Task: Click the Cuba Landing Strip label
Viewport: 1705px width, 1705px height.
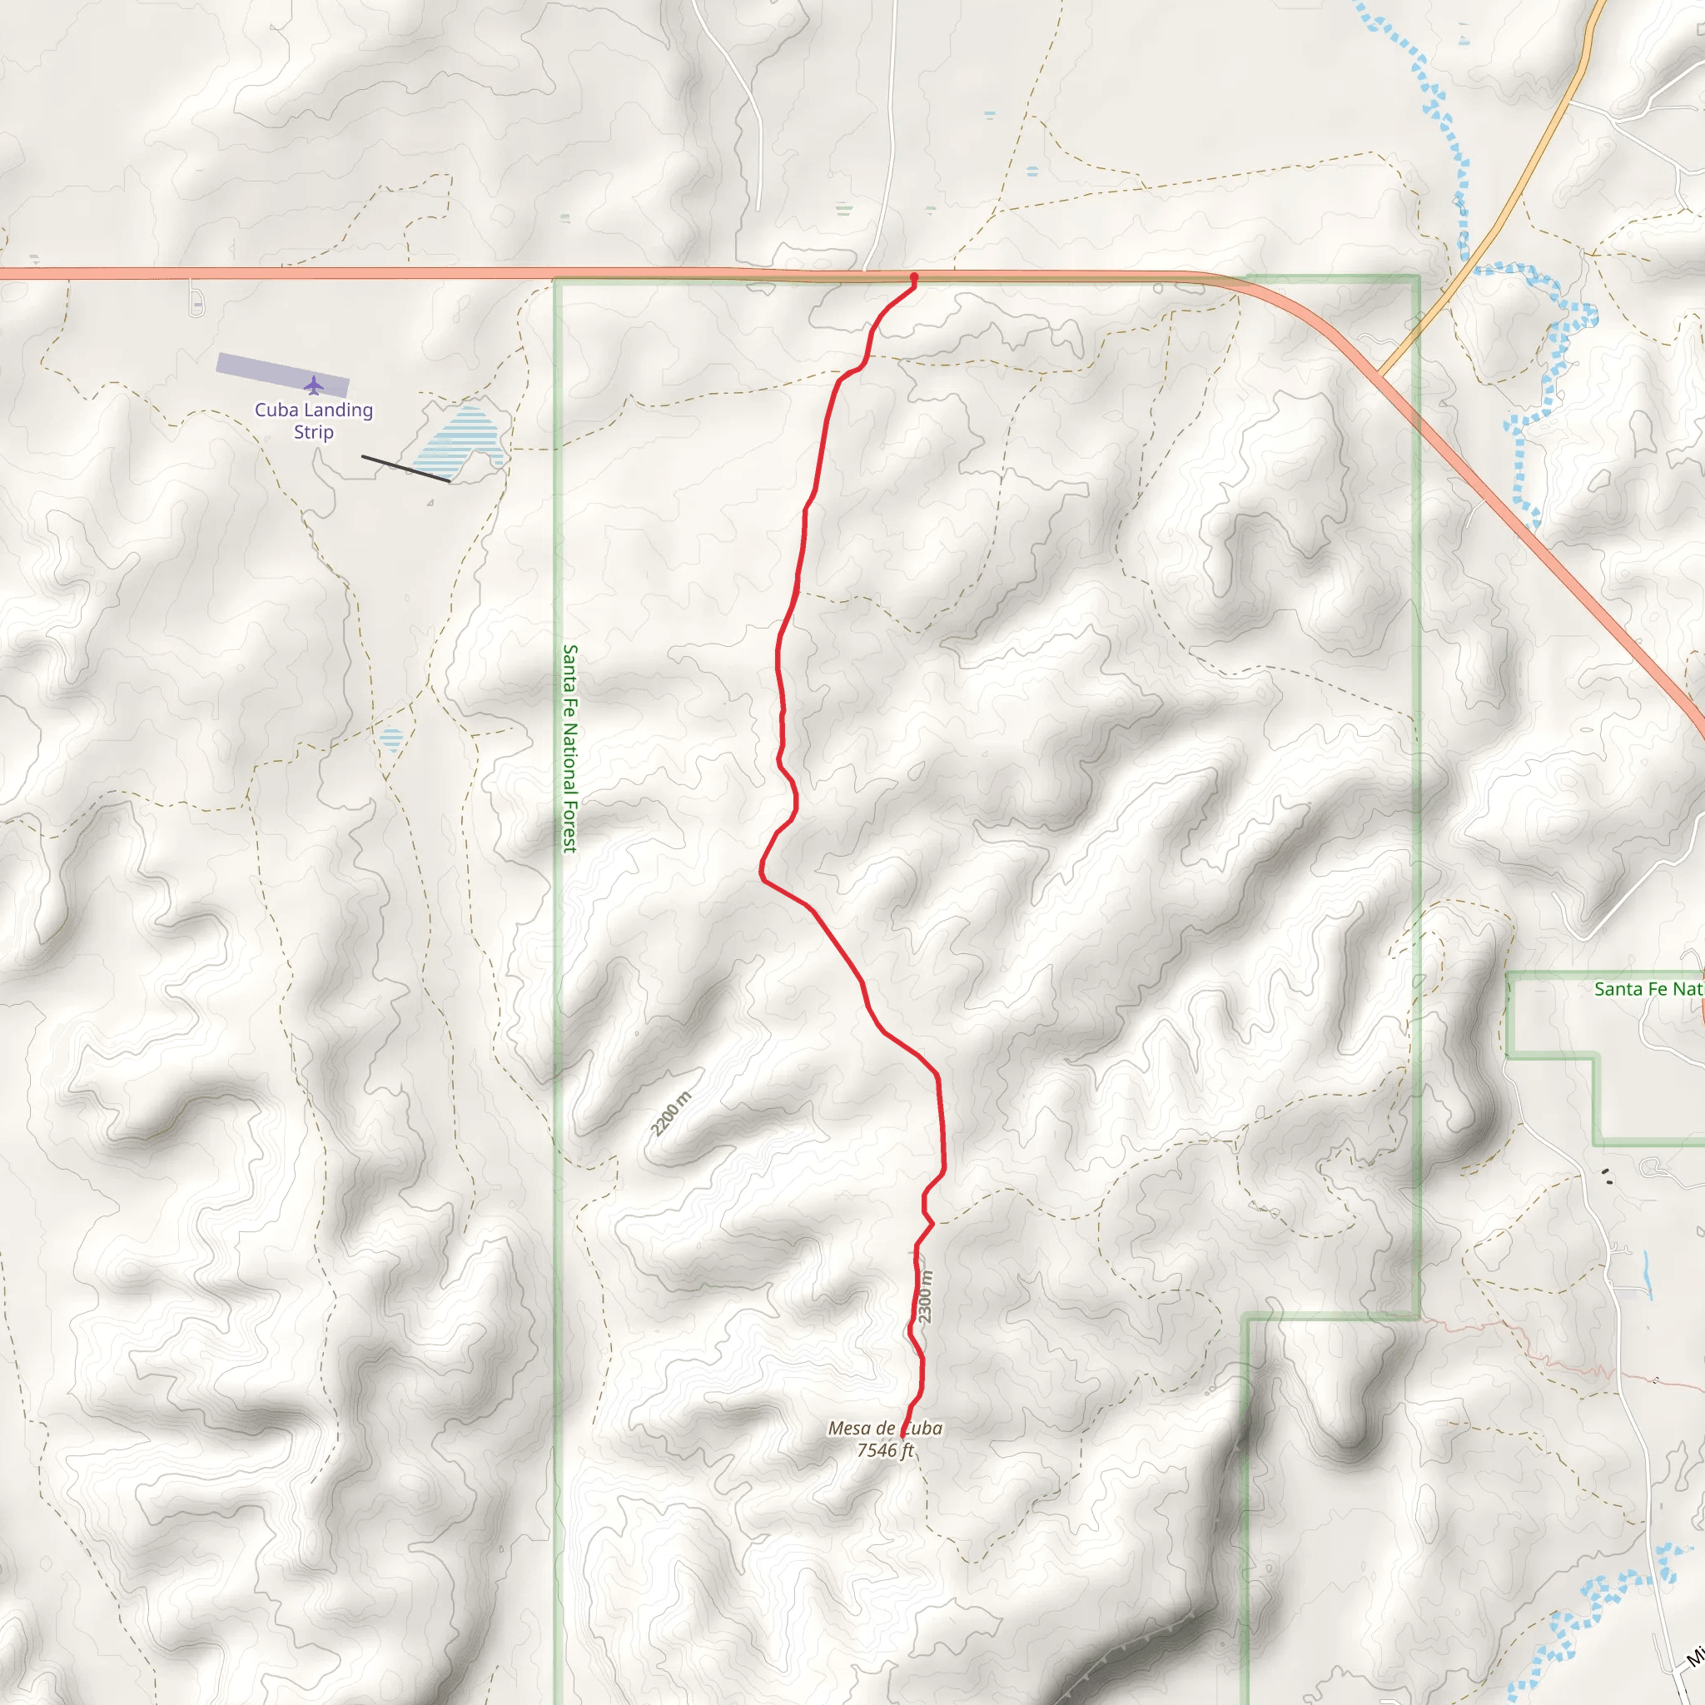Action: click(313, 421)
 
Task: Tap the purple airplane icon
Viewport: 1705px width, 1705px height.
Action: click(313, 385)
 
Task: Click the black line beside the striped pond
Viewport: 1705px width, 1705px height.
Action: click(405, 469)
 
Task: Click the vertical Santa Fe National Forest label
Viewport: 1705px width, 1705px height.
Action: click(570, 748)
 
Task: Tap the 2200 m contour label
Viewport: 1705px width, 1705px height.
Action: click(671, 1114)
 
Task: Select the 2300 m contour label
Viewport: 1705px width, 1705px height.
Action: click(924, 1296)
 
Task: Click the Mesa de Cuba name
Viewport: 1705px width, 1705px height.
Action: click(884, 1428)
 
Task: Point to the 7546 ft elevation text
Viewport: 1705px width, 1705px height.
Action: click(884, 1450)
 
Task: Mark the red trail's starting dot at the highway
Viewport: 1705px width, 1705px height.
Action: click(913, 277)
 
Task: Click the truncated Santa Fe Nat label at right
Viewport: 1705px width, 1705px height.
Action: click(1648, 989)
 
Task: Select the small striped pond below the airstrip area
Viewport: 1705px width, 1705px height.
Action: click(391, 738)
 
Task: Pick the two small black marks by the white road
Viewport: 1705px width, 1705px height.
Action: click(1607, 1176)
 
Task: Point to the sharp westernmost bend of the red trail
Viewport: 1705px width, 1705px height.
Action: click(762, 876)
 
